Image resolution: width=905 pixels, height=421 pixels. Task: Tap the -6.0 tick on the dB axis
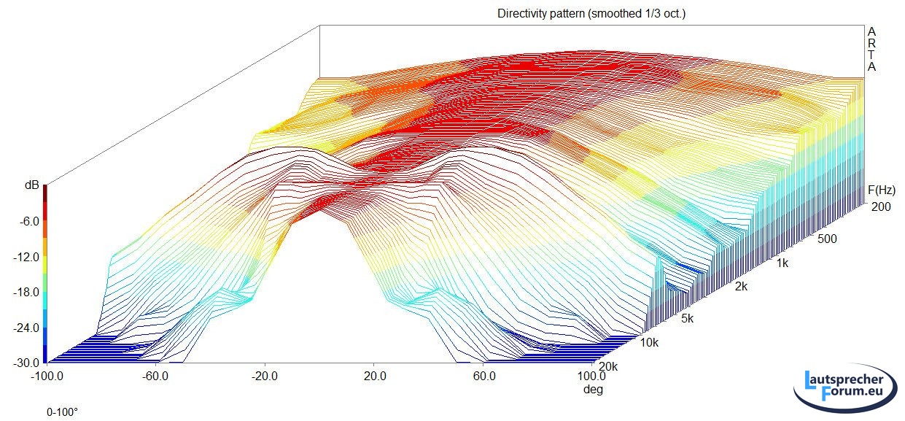(28, 221)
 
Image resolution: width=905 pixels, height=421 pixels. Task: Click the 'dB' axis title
(31, 186)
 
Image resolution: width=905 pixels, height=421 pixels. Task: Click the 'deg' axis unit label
(592, 390)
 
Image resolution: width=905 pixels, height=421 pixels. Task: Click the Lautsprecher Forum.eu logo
(846, 387)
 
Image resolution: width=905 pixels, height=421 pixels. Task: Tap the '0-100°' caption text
(63, 412)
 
